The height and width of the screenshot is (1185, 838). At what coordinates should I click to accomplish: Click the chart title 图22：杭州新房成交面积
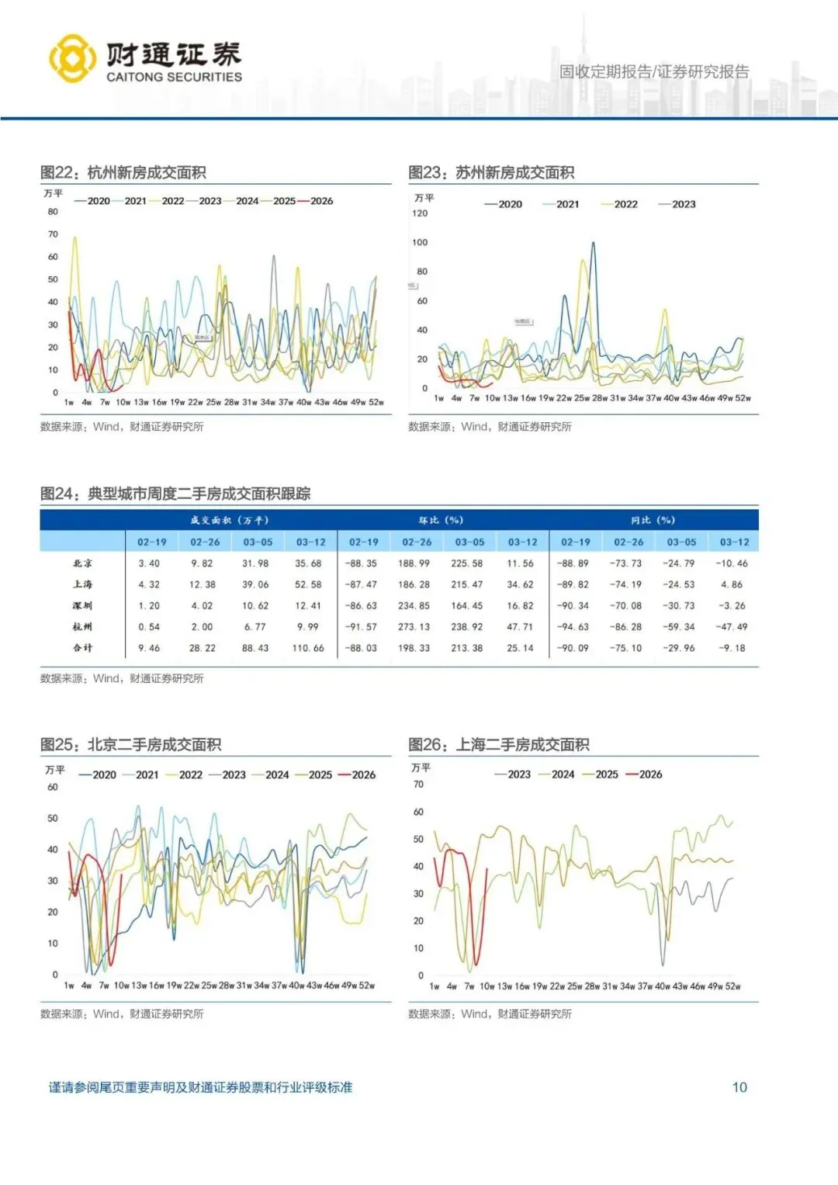123,172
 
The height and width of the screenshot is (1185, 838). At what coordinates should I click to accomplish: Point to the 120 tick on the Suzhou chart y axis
420,213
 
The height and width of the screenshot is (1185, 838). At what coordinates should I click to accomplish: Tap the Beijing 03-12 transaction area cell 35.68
308,563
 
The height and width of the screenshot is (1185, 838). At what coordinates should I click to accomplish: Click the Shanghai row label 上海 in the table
83,584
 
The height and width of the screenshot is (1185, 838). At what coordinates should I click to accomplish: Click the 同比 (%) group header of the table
653,520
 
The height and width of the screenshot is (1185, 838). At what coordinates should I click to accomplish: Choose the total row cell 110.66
308,648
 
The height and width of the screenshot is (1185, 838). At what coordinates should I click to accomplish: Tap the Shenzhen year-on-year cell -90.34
573,605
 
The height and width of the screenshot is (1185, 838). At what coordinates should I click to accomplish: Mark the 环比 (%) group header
441,520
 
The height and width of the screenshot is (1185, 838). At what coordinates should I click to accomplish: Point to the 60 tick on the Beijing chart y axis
53,787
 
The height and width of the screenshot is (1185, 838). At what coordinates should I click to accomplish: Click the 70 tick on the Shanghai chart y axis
419,785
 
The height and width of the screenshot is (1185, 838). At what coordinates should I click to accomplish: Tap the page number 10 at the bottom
739,1087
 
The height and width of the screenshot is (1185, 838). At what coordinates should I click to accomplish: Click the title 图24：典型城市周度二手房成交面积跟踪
175,494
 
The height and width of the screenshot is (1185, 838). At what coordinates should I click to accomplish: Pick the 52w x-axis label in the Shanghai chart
732,986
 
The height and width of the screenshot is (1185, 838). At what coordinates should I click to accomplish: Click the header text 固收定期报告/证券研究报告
654,72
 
